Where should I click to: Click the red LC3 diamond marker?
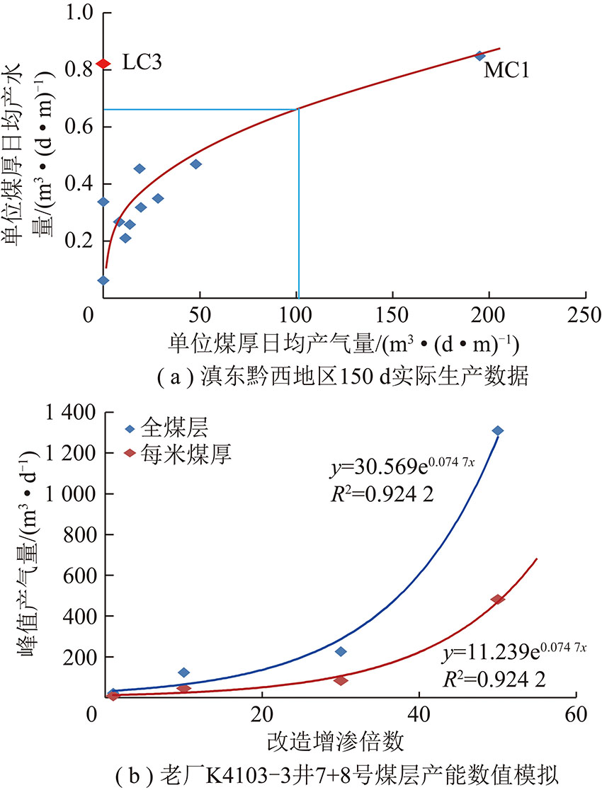[x=103, y=64]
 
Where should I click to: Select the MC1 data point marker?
[x=479, y=56]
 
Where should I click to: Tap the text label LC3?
[x=142, y=63]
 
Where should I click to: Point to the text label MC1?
[x=507, y=70]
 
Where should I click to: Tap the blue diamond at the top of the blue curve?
[x=498, y=430]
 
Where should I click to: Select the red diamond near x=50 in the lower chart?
[x=497, y=600]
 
